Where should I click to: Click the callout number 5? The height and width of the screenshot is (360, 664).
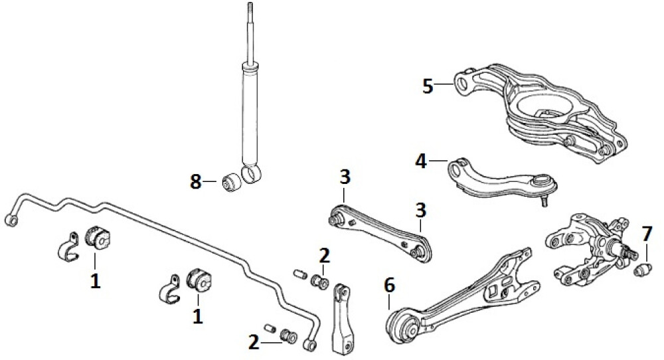tap(428, 86)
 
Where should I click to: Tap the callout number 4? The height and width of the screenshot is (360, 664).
tap(421, 161)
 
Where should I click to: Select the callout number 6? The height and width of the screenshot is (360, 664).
tap(389, 286)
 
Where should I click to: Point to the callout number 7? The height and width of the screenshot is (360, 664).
tap(646, 234)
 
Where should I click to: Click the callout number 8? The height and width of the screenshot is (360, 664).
tap(195, 182)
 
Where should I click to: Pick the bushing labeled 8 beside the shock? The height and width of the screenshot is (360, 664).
tap(231, 182)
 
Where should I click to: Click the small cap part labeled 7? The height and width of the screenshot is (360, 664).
tap(642, 270)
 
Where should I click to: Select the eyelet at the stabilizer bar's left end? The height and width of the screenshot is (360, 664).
tap(11, 221)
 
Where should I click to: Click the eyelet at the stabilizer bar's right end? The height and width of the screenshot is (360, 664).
tap(309, 345)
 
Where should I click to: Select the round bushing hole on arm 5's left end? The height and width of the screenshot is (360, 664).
tap(463, 83)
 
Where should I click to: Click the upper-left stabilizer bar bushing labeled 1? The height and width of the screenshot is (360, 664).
tap(98, 238)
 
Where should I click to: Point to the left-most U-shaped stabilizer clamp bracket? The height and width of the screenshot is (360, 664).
tap(68, 247)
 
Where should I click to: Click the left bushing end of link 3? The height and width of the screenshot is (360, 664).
tap(336, 220)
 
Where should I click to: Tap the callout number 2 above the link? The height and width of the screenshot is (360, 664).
tap(324, 256)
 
